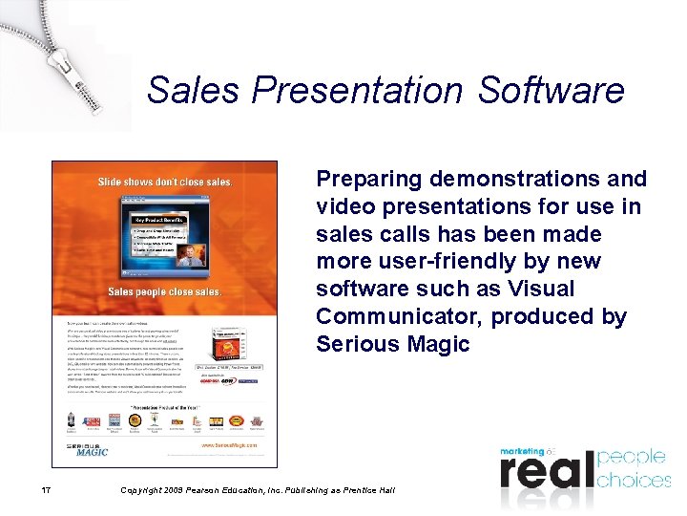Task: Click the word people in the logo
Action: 633,456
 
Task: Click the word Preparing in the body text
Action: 369,180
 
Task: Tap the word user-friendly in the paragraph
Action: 429,262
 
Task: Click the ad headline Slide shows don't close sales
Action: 164,182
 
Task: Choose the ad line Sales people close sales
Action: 164,290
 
